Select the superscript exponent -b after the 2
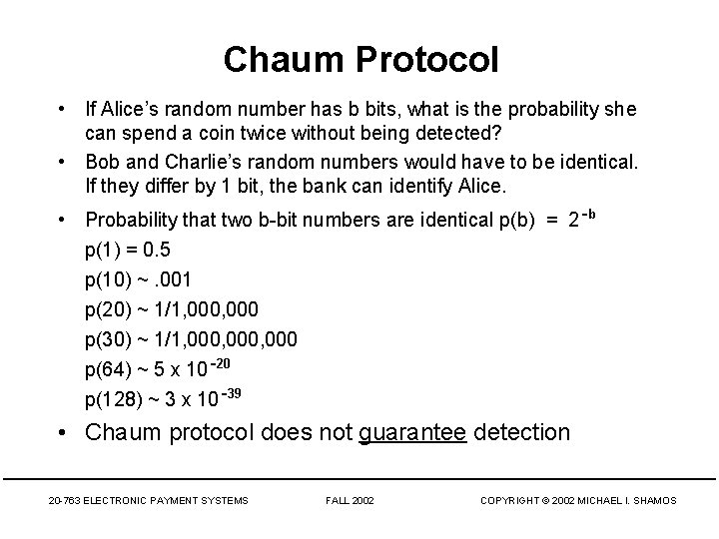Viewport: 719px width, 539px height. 588,214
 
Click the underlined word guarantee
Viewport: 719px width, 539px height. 412,432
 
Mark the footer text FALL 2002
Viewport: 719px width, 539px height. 350,499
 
